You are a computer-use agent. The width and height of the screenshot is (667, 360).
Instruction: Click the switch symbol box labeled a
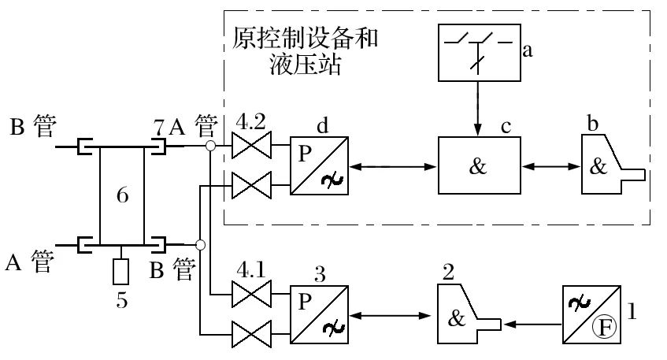tap(478, 53)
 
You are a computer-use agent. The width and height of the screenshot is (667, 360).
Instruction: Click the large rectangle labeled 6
tap(122, 195)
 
